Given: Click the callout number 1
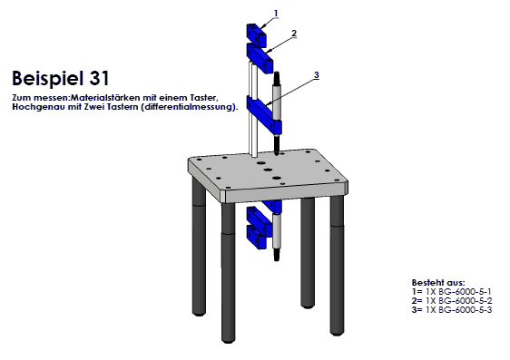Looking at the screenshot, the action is pyautogui.click(x=276, y=14).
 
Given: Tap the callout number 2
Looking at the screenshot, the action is pyautogui.click(x=294, y=34).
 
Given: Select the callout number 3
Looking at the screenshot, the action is pyautogui.click(x=317, y=75).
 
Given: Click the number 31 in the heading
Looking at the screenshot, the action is pyautogui.click(x=99, y=78).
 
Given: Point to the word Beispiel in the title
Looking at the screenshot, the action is pyautogui.click(x=48, y=79).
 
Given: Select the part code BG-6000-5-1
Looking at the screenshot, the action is pyautogui.click(x=465, y=291).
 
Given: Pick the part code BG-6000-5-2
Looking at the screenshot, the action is pyautogui.click(x=465, y=300).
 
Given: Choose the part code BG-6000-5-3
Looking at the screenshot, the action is pyautogui.click(x=465, y=309).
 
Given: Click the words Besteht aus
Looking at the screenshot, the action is pyautogui.click(x=438, y=282).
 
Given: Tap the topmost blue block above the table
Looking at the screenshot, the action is pyautogui.click(x=256, y=34).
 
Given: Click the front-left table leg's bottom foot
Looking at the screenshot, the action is pyautogui.click(x=229, y=339).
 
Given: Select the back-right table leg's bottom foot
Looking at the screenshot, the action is pyautogui.click(x=308, y=305).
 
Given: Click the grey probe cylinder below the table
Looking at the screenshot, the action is pyautogui.click(x=277, y=230).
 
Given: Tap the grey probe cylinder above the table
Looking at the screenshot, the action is pyautogui.click(x=277, y=102).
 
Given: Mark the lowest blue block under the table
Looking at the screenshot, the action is pyautogui.click(x=258, y=237).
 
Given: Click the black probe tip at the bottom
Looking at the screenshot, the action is pyautogui.click(x=277, y=255).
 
